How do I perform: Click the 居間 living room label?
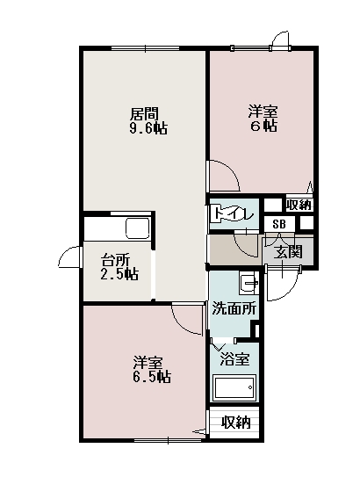[x=144, y=114]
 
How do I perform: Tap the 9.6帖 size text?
[x=148, y=128]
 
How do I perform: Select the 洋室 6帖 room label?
[x=263, y=119]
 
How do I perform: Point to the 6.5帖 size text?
[x=151, y=377]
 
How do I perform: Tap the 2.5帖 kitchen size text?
[x=119, y=274]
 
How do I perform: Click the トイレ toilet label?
[x=234, y=214]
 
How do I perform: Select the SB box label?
[x=279, y=224]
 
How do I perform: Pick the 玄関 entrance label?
[x=287, y=251]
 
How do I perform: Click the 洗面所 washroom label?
[x=234, y=308]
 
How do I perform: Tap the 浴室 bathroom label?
[x=234, y=359]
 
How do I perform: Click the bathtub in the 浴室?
[x=234, y=387]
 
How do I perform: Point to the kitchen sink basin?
[x=138, y=228]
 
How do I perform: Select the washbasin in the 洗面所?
[x=248, y=283]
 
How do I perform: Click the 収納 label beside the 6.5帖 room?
[x=236, y=423]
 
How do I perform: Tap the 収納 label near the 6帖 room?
[x=299, y=205]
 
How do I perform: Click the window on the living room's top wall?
[x=145, y=48]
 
